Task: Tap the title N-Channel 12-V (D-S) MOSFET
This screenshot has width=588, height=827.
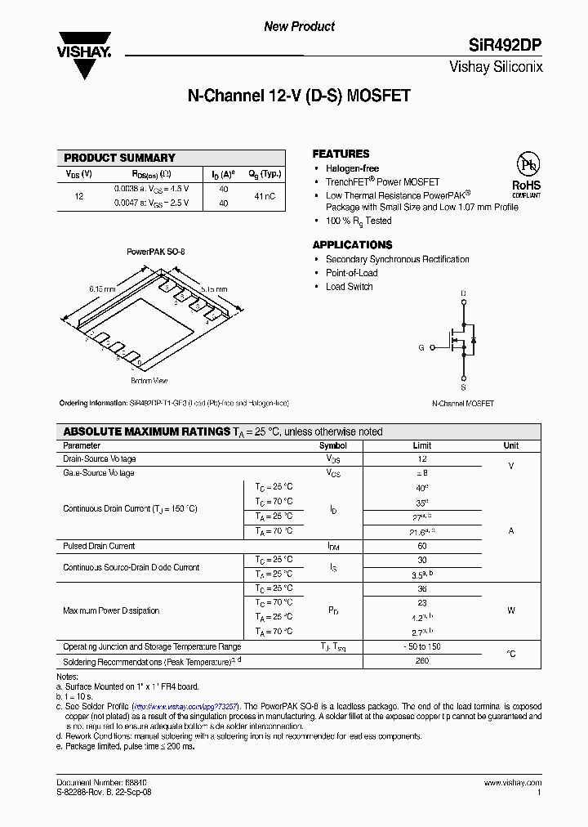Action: point(299,96)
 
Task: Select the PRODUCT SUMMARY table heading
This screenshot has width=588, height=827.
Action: point(119,158)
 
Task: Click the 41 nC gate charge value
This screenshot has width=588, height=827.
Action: point(265,196)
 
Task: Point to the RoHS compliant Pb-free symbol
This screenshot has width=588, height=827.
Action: point(526,172)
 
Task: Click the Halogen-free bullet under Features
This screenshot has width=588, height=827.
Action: point(352,168)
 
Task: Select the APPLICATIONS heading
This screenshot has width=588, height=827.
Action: point(352,245)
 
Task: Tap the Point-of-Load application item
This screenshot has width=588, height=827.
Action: point(351,273)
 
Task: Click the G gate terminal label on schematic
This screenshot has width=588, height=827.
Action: point(421,348)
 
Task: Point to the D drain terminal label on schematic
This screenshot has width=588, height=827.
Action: point(463,293)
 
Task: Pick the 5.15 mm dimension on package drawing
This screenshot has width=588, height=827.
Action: point(214,288)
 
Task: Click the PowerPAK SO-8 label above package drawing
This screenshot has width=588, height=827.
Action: point(155,253)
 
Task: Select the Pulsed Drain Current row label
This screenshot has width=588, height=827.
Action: point(99,546)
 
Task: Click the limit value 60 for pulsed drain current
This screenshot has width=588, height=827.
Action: point(421,546)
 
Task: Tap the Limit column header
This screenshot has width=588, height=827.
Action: point(421,446)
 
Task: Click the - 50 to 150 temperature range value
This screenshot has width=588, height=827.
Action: point(421,647)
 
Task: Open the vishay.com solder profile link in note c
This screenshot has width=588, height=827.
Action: point(185,706)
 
